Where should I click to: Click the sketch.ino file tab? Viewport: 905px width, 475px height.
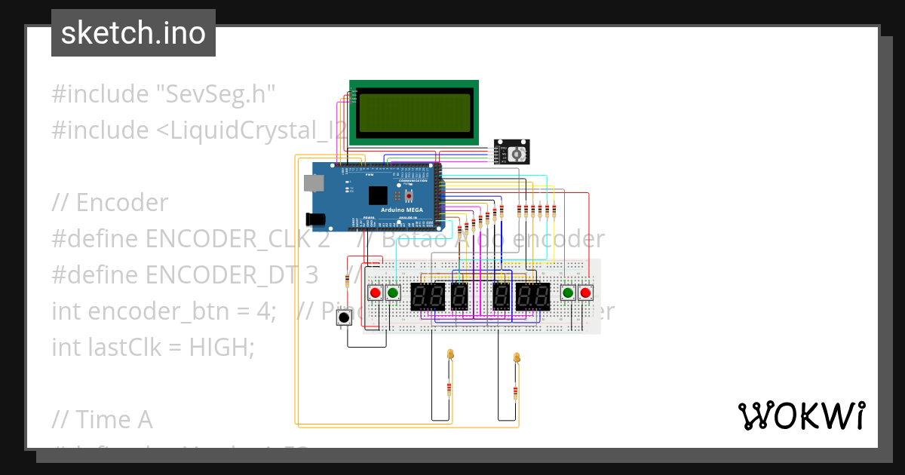(x=133, y=33)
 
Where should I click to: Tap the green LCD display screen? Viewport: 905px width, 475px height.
(x=414, y=112)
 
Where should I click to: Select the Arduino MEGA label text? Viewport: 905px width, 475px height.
(x=401, y=209)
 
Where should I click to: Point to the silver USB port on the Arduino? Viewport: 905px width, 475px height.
(x=311, y=182)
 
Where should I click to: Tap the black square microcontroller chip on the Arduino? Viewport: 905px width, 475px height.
(x=378, y=196)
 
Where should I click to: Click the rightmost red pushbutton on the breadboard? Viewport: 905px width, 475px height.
(x=585, y=293)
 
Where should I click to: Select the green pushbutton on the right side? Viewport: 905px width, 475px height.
(x=569, y=293)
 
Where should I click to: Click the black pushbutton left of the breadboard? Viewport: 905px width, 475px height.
(x=344, y=317)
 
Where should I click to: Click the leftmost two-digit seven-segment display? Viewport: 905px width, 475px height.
(x=427, y=297)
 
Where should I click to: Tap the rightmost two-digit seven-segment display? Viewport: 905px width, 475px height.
(x=532, y=297)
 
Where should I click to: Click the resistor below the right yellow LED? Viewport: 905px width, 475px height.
(x=515, y=392)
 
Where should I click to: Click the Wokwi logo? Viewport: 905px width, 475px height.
(x=801, y=415)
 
